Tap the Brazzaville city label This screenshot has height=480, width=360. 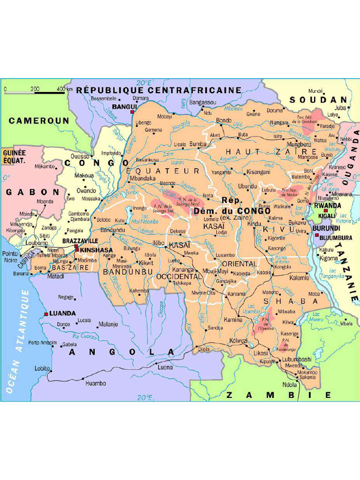80,241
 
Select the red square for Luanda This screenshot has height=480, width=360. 46,314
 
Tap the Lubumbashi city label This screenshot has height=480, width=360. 296,359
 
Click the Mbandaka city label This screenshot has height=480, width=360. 142,179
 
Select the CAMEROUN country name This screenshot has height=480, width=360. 39,120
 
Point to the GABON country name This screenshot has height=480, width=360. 33,192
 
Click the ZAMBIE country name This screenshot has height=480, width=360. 278,395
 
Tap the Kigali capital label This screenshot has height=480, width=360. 327,216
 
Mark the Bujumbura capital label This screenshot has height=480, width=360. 335,238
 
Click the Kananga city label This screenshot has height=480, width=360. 183,270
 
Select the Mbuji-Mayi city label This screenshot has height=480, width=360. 215,271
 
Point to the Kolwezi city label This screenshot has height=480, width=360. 238,341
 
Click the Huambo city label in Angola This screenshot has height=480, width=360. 95,383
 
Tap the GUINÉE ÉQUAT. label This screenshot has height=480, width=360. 14,156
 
